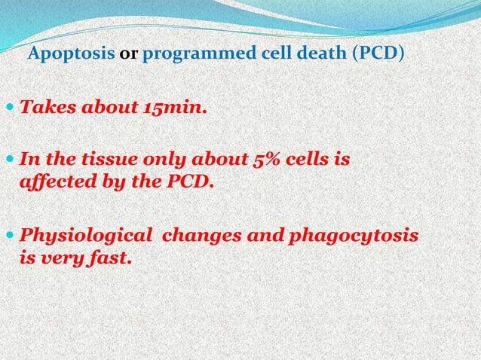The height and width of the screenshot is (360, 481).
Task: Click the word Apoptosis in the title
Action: (x=71, y=55)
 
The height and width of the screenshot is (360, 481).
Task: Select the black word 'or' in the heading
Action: (x=128, y=55)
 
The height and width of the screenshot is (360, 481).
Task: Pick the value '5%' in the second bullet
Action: (x=268, y=160)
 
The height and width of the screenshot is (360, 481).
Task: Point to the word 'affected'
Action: (x=51, y=182)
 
